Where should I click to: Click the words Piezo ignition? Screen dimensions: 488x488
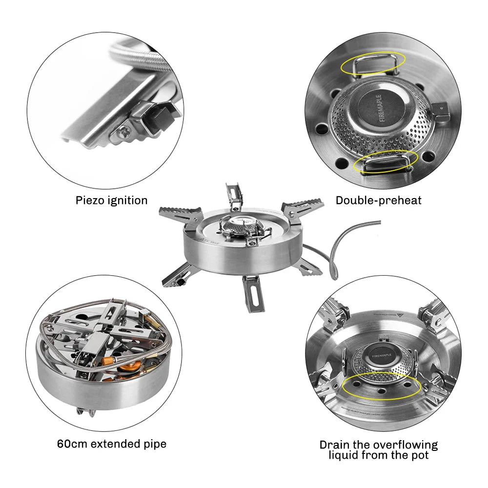tap(111, 200)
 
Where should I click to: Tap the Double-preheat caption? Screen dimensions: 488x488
tap(378, 200)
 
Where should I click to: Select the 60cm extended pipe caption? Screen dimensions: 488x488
tap(112, 444)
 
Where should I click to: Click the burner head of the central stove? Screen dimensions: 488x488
tap(239, 225)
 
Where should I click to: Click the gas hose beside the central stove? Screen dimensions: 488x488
tap(341, 244)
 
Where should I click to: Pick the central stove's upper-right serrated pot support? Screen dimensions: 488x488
tap(303, 206)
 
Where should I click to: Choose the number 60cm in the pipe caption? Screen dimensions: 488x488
tap(74, 444)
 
